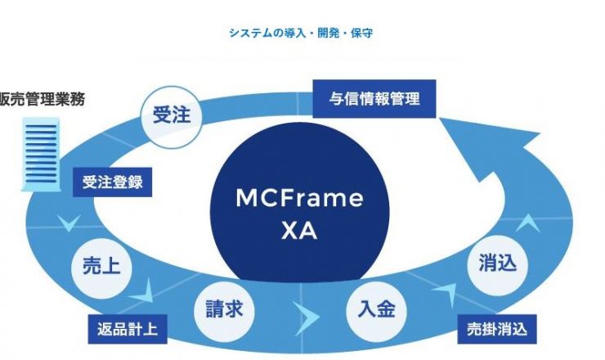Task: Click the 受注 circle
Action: pos(172,117)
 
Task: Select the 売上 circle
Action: pos(101,268)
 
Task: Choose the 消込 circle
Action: pos(497,265)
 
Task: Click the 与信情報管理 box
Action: pos(374,98)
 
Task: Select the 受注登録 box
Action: pos(112,182)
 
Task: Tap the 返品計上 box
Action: pos(128,329)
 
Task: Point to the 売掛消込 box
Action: pos(497,329)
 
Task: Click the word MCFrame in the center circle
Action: pos(299,198)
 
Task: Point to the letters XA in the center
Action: pos(299,231)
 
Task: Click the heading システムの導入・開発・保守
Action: pos(301,33)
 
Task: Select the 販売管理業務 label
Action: pos(42,99)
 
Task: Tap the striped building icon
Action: pos(41,155)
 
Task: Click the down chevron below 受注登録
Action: pos(69,223)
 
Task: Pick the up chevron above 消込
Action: pos(528,223)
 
